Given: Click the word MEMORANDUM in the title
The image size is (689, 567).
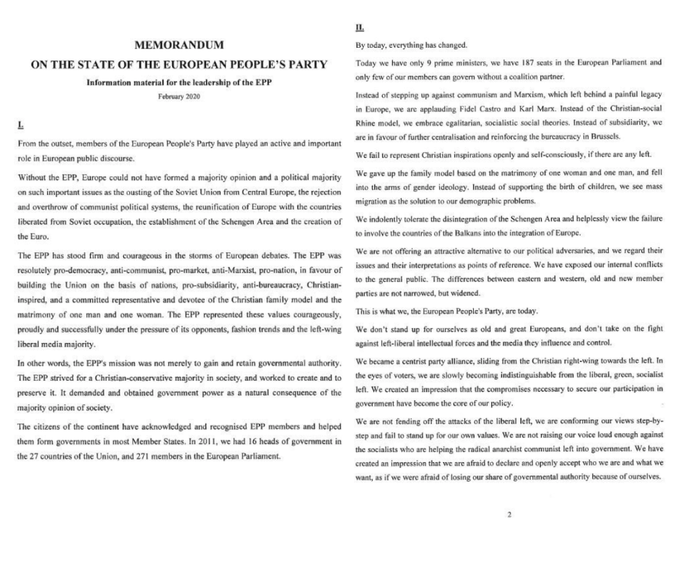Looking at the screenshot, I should click(179, 46).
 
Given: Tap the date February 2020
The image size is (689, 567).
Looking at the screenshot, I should click(179, 97).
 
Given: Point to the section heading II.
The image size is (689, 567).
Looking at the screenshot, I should click(360, 28).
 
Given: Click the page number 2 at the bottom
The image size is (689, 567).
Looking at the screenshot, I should click(509, 515).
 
